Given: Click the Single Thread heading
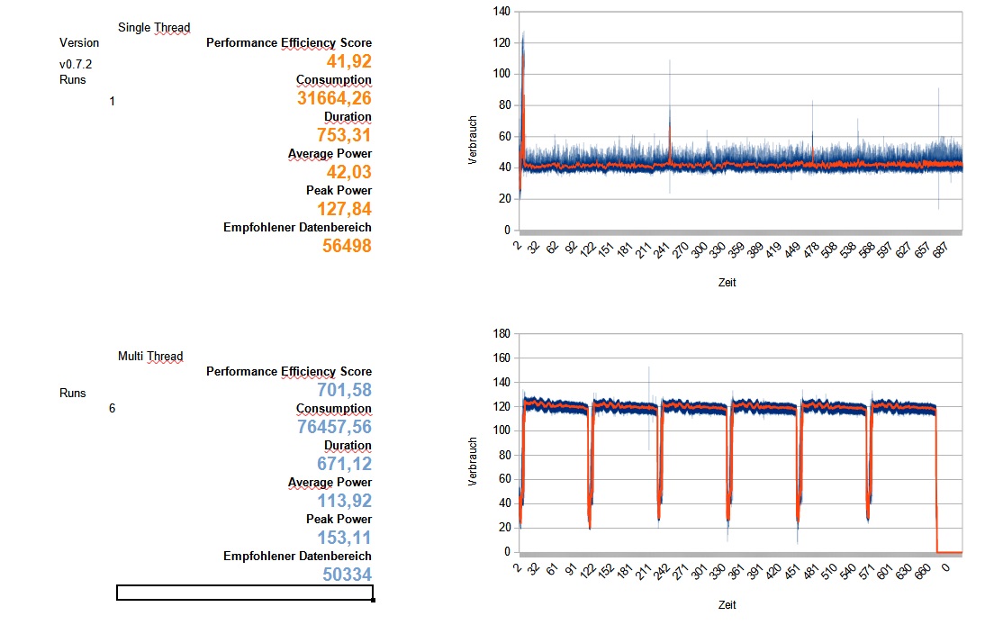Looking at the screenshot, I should pos(154,27).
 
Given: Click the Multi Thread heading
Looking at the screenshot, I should pos(150,357).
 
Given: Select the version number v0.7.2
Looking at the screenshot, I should pos(76,65).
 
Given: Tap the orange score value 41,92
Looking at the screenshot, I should pos(349,61).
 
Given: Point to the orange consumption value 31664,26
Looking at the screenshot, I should pos(334,98).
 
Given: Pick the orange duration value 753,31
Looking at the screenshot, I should pos(344,135).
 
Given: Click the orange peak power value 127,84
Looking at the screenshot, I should pos(344,209).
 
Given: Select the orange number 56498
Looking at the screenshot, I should pos(347,246).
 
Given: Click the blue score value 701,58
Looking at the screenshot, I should pos(344,390).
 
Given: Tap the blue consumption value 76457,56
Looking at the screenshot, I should pos(334,427).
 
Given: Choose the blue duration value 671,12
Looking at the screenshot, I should pos(344,464).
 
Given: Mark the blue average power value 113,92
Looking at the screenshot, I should pos(344,501).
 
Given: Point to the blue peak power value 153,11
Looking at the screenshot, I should pos(344,538).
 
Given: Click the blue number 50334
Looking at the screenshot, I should pos(347,575).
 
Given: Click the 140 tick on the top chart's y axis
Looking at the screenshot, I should pos(502,12).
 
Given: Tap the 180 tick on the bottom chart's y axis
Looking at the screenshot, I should pos(502,334).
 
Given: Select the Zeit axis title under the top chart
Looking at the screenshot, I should pos(727,282).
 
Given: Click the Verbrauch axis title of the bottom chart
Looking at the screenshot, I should pos(473,462).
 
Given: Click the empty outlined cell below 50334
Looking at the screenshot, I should pos(244,592).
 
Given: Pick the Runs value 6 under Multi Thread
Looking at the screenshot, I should pos(112,409).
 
